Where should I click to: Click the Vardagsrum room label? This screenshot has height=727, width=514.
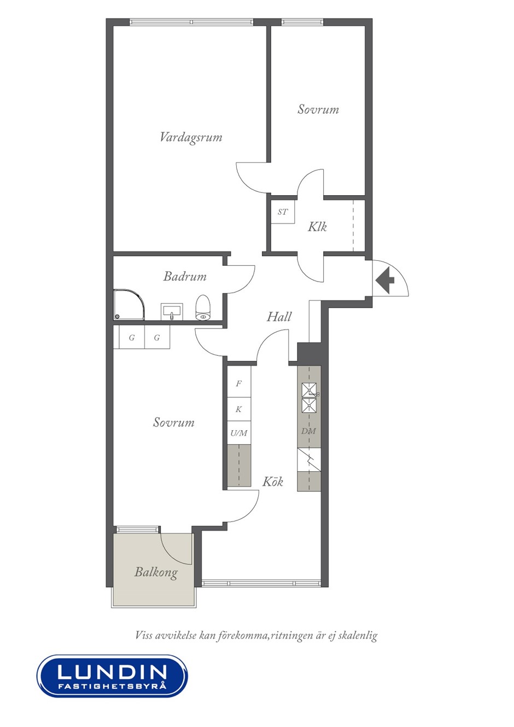[191, 137]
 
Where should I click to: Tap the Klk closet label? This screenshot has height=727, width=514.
[317, 226]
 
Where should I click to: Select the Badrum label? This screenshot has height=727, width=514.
[185, 276]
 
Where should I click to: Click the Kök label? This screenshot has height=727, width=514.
[272, 482]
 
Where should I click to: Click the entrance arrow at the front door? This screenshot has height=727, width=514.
[384, 279]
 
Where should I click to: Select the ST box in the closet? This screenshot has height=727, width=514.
[283, 212]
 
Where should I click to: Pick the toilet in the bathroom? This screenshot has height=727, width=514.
[203, 307]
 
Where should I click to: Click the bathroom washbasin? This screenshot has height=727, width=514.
[172, 312]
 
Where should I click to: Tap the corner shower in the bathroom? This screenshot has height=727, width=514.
[128, 304]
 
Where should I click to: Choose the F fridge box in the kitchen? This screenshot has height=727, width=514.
[238, 384]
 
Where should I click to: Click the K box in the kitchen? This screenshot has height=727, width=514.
[238, 409]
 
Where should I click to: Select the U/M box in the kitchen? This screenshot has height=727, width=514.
[238, 433]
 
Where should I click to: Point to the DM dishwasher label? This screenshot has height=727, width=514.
[308, 431]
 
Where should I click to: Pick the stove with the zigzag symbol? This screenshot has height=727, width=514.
[309, 459]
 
